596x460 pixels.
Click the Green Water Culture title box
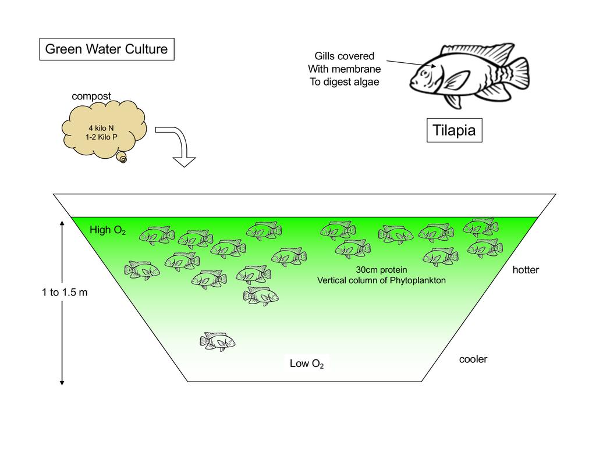[107, 49]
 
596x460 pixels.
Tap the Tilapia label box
[454, 130]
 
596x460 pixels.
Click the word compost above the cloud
[91, 96]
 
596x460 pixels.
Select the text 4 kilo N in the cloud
[101, 128]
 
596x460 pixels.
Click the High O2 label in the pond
[108, 230]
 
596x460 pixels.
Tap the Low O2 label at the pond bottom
[307, 364]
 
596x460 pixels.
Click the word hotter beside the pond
[526, 270]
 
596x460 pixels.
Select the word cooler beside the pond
[473, 359]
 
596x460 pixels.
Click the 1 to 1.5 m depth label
[65, 293]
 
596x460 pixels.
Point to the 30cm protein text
[381, 270]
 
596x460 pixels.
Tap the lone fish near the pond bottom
[217, 341]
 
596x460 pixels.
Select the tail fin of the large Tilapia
[516, 73]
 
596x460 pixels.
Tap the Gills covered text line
[345, 56]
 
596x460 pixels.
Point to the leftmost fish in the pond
[141, 270]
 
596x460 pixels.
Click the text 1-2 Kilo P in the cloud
[101, 138]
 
